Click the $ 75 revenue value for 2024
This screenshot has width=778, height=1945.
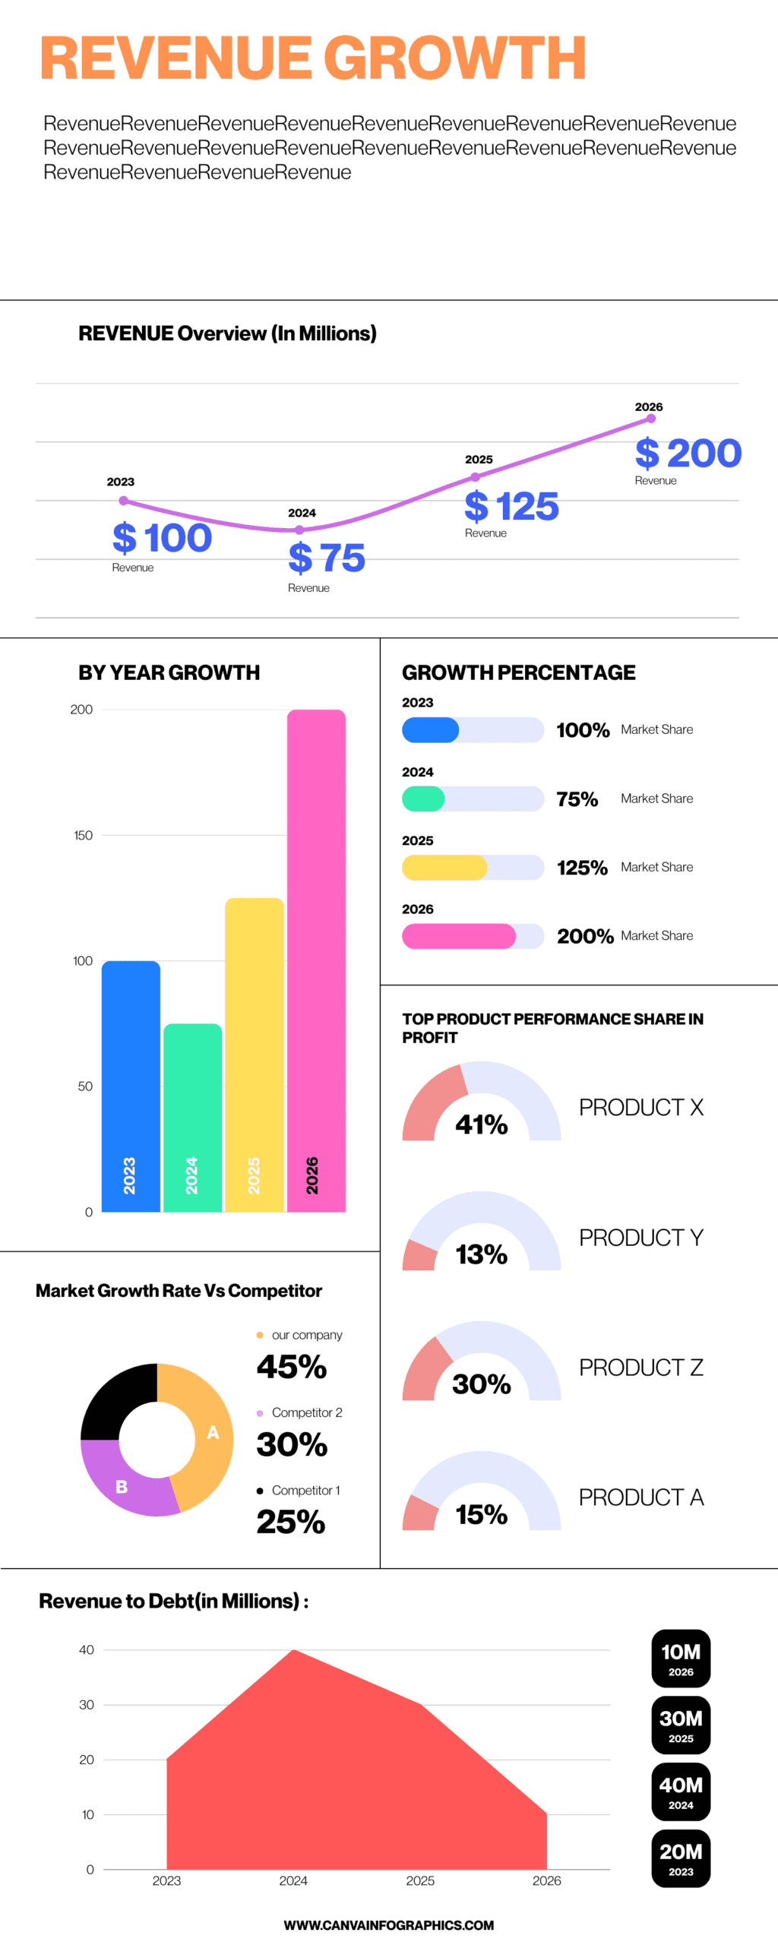(327, 558)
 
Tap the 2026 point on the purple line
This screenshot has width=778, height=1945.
(651, 419)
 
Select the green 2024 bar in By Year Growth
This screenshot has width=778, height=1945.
(193, 1117)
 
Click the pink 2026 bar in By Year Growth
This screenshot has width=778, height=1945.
(316, 957)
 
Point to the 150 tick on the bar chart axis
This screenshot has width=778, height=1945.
(83, 835)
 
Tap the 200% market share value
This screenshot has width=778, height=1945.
(584, 936)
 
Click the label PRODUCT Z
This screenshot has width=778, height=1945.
(640, 1368)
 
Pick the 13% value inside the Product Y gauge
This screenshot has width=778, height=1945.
(481, 1254)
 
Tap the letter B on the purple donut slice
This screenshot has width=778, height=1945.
(122, 1487)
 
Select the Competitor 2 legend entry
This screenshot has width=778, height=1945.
(306, 1412)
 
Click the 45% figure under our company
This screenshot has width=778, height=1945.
(292, 1368)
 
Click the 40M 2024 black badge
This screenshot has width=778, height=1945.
(681, 1792)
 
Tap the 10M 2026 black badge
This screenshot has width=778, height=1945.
(681, 1658)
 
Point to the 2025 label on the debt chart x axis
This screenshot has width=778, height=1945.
(420, 1880)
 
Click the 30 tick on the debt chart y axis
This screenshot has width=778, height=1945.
(87, 1704)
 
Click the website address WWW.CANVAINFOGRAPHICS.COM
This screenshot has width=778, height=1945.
(389, 1924)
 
